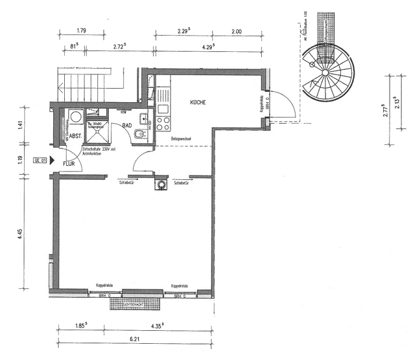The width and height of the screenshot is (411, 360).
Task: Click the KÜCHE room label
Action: coord(198,103)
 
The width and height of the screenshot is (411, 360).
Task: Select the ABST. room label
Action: coord(75,136)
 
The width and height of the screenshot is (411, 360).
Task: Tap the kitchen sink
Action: coord(162,107)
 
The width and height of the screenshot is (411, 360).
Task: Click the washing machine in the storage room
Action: coord(75,117)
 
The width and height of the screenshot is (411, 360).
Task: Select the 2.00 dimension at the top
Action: coord(235,31)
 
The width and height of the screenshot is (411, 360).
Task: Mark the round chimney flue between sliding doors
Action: coord(159,185)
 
